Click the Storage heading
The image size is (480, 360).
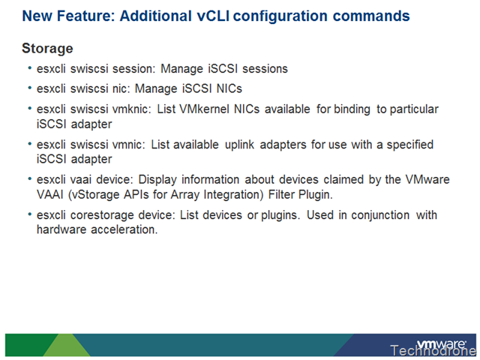47,49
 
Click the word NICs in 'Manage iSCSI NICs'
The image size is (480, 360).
229,88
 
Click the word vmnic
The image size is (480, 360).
127,145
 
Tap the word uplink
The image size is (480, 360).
239,145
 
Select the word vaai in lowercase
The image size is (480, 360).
81,180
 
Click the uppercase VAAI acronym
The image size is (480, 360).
49,195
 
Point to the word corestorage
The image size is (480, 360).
102,215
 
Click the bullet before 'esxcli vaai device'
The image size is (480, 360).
30,178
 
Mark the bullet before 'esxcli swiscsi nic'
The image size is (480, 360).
30,88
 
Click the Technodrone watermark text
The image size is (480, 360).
433,351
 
